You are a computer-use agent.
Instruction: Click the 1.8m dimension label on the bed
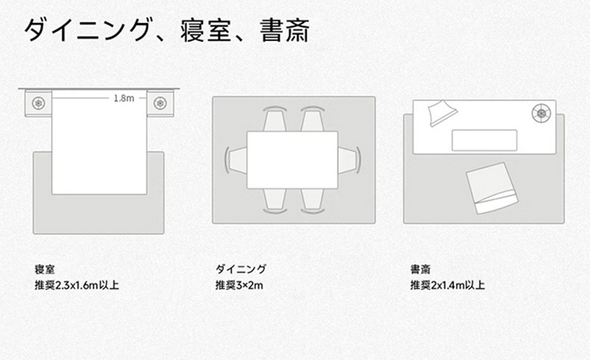coord(124,98)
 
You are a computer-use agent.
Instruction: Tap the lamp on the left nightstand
coord(38,103)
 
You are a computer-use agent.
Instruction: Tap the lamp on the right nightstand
coord(161,103)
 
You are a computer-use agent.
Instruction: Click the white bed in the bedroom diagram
coord(99,142)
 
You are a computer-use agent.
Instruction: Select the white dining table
coord(292,160)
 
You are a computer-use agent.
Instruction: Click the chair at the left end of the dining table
coord(236,161)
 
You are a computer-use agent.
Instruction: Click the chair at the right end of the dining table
coord(350,161)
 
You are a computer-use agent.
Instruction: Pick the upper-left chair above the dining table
coord(275,119)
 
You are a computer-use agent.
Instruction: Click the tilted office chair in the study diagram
coord(492,188)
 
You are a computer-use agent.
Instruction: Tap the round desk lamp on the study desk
coord(541,113)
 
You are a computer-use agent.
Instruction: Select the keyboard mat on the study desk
coord(484,140)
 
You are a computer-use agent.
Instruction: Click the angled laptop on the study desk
coord(442,113)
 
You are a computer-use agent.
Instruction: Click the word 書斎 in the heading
coord(285,31)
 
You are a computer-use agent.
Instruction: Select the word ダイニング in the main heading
coord(87,30)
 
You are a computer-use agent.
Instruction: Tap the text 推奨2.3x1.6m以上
coord(77,285)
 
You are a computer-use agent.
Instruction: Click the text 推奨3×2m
coord(239,285)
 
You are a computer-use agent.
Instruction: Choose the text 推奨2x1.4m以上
coord(447,285)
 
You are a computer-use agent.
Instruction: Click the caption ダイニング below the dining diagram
coord(240,269)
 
